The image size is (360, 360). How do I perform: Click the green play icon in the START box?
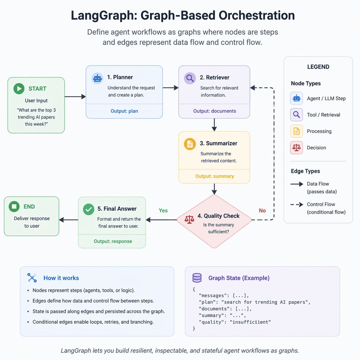(x=19, y=89)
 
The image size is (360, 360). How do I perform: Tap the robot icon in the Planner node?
(x=97, y=78)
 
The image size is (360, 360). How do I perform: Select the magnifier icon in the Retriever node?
(x=190, y=78)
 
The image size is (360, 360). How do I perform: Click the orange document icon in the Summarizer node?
(x=190, y=143)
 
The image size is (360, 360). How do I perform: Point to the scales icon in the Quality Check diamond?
(x=189, y=219)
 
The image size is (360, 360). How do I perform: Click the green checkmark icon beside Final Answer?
(x=88, y=209)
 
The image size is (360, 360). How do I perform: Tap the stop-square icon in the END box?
(x=14, y=207)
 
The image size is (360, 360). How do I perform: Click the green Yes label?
(x=163, y=211)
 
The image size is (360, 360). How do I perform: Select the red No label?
(x=262, y=211)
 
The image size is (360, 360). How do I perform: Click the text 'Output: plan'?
(x=124, y=111)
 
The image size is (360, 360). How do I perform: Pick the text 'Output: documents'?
(x=214, y=111)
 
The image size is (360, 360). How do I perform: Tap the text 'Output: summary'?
(x=214, y=176)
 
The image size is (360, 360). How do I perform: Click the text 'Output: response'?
(x=113, y=242)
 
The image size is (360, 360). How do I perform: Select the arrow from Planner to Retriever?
(x=171, y=88)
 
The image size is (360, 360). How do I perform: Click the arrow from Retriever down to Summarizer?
(x=214, y=124)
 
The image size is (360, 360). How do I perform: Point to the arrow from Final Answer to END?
(x=68, y=220)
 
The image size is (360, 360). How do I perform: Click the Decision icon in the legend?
(x=296, y=148)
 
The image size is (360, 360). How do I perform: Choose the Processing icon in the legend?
(x=296, y=131)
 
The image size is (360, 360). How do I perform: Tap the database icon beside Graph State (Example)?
(x=197, y=278)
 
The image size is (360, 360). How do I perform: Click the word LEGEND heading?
(x=318, y=67)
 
